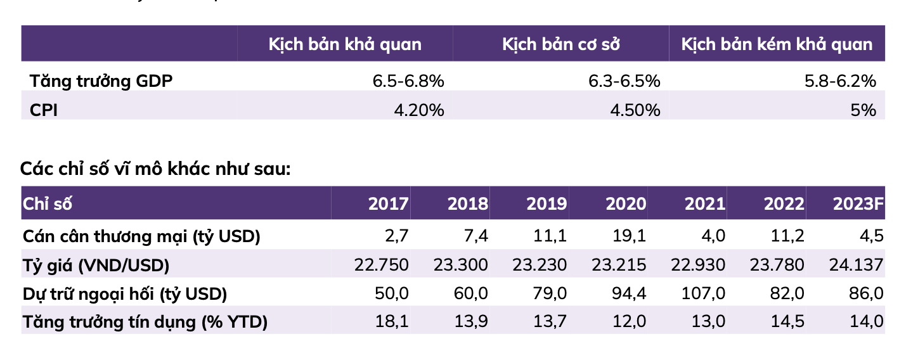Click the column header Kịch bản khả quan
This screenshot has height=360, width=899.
click(345, 44)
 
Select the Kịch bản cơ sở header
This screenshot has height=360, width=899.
click(560, 44)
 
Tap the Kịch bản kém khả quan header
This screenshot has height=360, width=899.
click(777, 44)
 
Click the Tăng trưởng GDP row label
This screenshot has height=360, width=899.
click(101, 80)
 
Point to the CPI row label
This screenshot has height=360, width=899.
click(44, 110)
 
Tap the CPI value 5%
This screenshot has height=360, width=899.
click(863, 110)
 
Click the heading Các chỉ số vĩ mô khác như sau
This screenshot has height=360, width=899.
click(155, 169)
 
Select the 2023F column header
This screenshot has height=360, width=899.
click(858, 204)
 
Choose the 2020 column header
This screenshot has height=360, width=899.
click(626, 204)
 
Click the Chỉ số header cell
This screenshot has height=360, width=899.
click(48, 204)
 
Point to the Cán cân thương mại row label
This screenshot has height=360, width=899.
click(141, 236)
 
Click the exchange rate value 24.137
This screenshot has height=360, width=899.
click(855, 265)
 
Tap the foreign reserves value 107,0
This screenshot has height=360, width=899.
click(704, 293)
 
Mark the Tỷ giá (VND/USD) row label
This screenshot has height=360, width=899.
click(96, 265)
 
